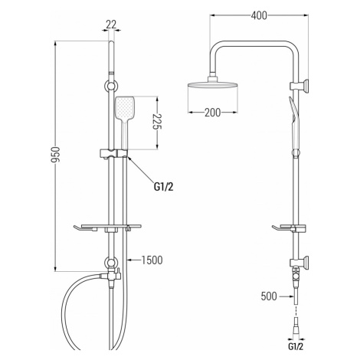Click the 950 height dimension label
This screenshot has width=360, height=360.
(x=55, y=155)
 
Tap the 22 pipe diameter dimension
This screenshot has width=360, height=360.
(x=111, y=25)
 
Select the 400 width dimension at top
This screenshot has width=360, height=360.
(x=259, y=15)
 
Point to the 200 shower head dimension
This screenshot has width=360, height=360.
(x=213, y=113)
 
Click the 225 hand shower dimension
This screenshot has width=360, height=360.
(x=158, y=122)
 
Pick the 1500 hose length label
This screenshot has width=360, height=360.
(x=152, y=260)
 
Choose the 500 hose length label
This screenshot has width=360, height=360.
(x=269, y=296)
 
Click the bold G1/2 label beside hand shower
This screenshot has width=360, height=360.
(x=164, y=187)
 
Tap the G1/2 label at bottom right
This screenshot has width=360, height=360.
(x=296, y=347)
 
